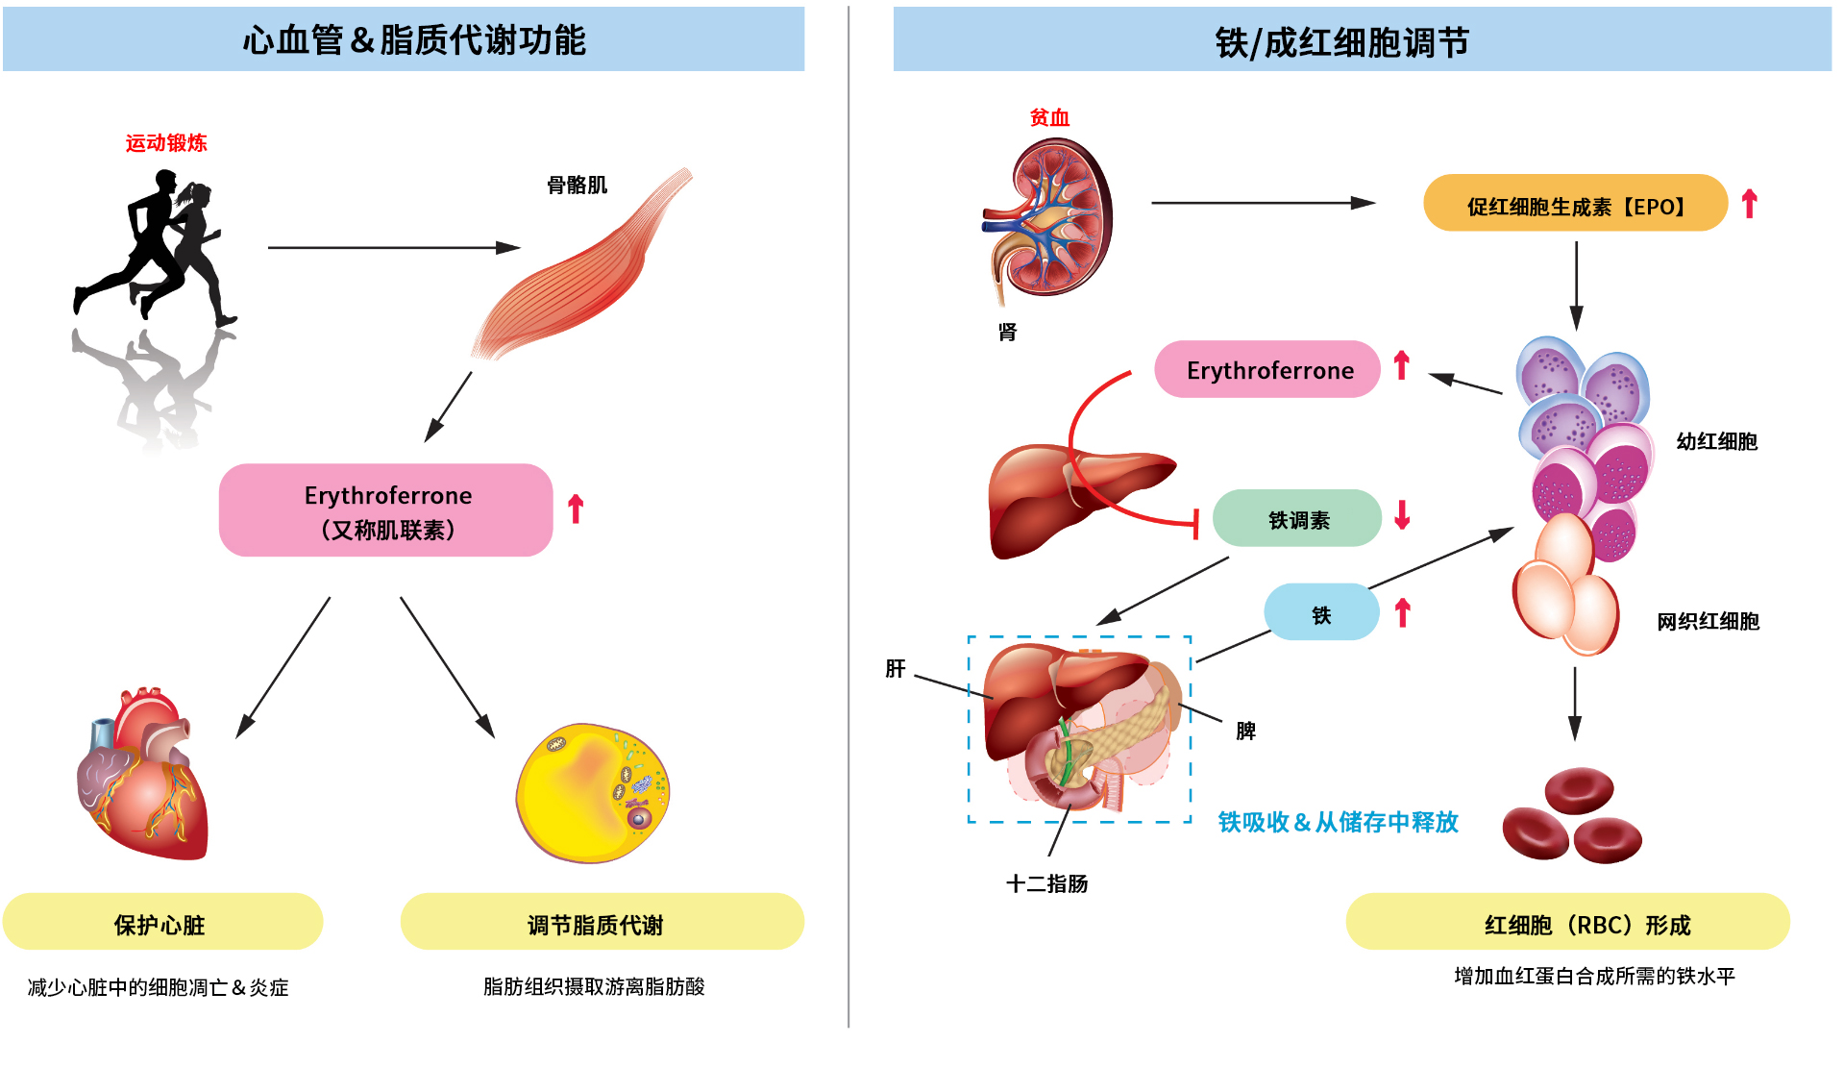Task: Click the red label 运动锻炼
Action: (x=166, y=143)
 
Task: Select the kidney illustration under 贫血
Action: (x=1049, y=219)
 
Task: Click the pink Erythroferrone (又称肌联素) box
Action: (x=386, y=510)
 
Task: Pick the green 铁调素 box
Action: (x=1297, y=519)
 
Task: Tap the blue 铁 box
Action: (x=1321, y=613)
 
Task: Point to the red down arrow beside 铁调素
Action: (x=1402, y=515)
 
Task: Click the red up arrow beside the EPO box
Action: (x=1749, y=204)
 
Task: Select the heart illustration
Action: (x=144, y=779)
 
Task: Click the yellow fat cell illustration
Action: (x=593, y=793)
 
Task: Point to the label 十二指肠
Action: (x=1046, y=883)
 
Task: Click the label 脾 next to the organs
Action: (x=1245, y=732)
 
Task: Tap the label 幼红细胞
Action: (x=1716, y=441)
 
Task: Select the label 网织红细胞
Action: (x=1708, y=621)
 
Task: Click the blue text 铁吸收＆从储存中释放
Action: (x=1338, y=822)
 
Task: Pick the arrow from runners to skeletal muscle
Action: (x=394, y=248)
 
